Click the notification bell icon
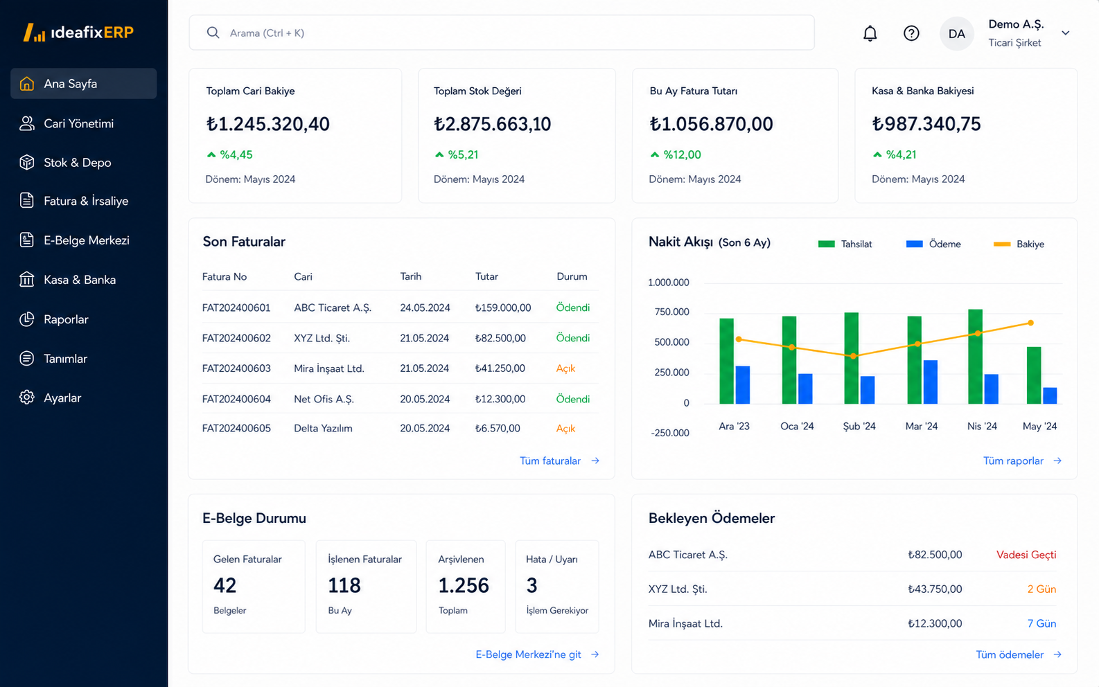pos(870,33)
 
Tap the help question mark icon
pos(911,33)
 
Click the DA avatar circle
pos(956,33)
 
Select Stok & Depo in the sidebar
pos(77,162)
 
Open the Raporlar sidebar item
pos(66,319)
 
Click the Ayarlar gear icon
pos(26,398)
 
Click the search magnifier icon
pos(213,33)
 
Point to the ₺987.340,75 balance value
pos(926,123)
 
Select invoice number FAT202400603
pos(236,368)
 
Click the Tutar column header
pos(486,276)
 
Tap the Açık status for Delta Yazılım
pos(565,429)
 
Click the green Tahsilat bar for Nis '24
pos(975,357)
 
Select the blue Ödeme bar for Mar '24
pos(930,382)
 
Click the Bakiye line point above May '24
pos(1031,323)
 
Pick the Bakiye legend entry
pos(1019,244)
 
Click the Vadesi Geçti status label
pos(1026,555)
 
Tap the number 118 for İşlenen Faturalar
pos(344,585)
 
